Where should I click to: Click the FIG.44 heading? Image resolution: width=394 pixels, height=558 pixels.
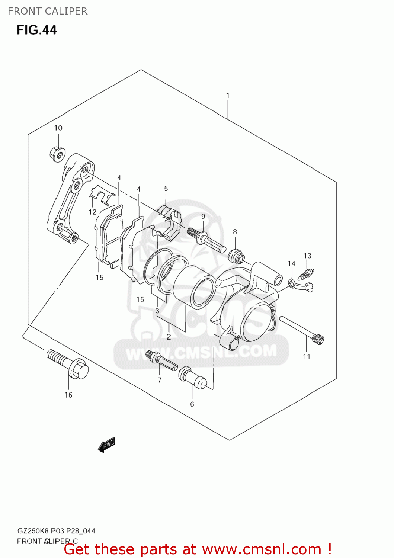tap(36, 30)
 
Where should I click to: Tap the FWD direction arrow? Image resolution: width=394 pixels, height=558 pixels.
tap(107, 445)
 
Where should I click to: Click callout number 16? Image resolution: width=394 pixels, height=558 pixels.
tap(68, 395)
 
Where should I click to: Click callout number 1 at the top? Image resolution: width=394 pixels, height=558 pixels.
tap(228, 96)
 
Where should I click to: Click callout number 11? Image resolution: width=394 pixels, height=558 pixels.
tap(306, 357)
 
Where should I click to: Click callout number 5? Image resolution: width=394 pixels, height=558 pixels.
tap(166, 189)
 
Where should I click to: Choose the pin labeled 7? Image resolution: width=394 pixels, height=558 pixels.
tap(163, 361)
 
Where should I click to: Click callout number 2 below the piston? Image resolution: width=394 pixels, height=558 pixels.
tap(169, 337)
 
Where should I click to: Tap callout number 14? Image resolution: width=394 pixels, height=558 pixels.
tap(291, 263)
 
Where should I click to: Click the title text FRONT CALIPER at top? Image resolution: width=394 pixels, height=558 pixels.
tap(48, 11)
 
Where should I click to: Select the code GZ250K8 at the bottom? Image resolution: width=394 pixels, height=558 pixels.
tap(33, 531)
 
